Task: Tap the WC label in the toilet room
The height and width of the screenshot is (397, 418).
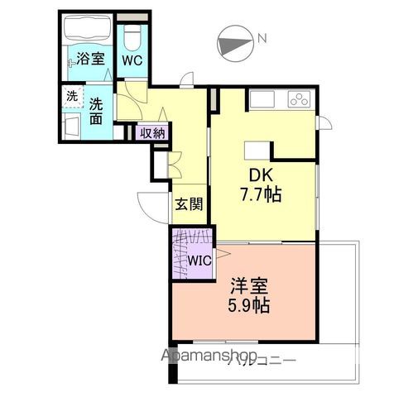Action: [132, 60]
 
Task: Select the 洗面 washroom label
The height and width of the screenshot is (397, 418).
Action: [95, 112]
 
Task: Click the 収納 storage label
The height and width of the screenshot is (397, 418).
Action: [151, 132]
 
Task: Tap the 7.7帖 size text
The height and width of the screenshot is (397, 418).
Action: [262, 196]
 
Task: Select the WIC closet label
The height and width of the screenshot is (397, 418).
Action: [199, 260]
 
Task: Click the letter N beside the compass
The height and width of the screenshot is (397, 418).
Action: [261, 37]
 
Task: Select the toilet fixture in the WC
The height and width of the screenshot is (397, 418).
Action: [132, 38]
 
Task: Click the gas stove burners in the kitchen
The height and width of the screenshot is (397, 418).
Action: [298, 99]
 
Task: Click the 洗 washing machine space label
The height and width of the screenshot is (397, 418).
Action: [72, 96]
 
